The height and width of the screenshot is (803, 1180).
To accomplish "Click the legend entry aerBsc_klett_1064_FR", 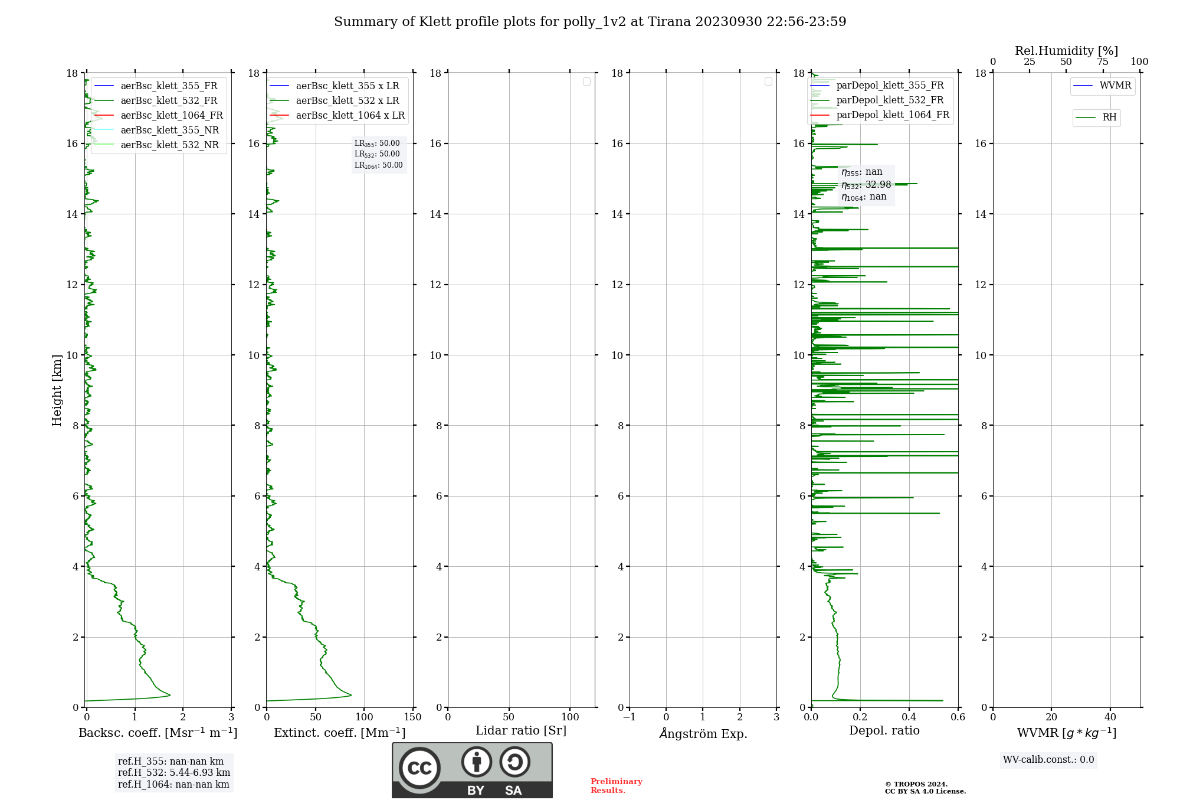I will [171, 115].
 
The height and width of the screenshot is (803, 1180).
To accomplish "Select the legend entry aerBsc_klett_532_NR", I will [169, 145].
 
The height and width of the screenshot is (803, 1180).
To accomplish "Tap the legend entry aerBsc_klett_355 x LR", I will [347, 86].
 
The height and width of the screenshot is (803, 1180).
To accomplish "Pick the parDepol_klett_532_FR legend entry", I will [890, 100].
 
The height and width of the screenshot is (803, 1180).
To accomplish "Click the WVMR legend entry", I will [1115, 86].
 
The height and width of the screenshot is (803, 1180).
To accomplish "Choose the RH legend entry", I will [1109, 117].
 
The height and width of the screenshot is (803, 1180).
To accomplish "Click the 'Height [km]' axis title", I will [57, 390].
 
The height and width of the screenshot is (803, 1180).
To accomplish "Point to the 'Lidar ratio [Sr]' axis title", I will [521, 730].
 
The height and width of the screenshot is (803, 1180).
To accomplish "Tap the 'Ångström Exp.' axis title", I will [703, 733].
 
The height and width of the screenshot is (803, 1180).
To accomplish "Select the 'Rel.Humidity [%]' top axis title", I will [1066, 51].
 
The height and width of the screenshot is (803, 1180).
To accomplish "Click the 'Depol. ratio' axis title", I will [884, 730].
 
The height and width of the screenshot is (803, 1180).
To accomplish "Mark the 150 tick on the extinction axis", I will [413, 717].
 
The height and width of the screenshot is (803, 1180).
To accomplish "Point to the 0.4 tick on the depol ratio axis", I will [909, 717].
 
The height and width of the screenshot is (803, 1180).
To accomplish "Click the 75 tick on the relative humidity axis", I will [1102, 61].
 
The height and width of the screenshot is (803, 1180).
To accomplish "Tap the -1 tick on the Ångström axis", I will [630, 717].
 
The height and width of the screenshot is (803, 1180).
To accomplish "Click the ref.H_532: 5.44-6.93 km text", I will [174, 772].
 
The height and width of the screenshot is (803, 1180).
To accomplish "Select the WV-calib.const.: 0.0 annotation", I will [1048, 759].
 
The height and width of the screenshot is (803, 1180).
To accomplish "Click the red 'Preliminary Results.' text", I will [616, 785].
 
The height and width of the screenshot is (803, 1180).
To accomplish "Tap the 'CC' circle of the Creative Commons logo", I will [419, 768].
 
